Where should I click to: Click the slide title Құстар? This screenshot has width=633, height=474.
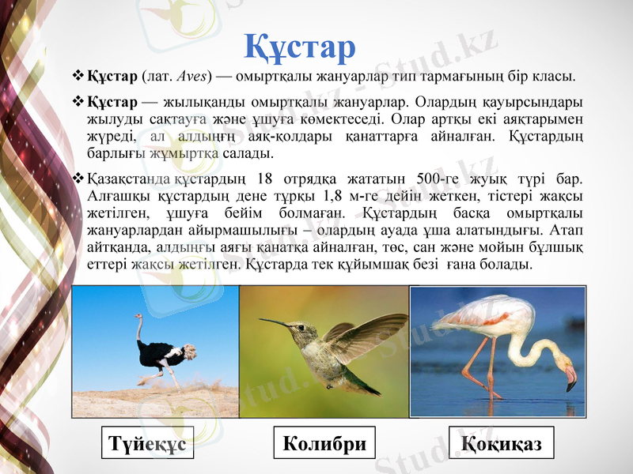299,46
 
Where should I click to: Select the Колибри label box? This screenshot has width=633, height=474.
324,443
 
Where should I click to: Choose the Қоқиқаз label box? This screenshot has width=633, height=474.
501,443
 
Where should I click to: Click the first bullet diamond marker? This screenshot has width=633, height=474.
78,77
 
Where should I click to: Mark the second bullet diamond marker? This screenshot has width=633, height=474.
78,103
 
